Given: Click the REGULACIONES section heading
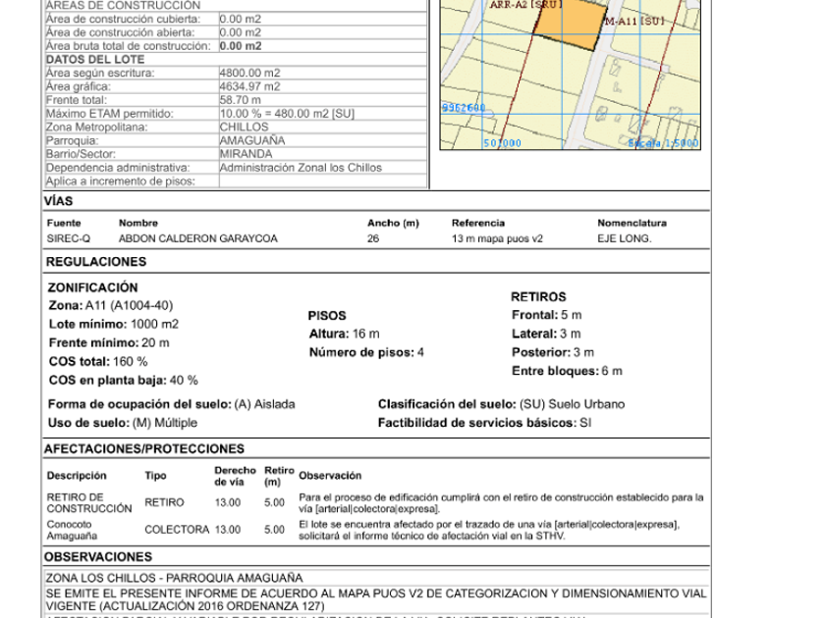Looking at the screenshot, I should [x=96, y=262].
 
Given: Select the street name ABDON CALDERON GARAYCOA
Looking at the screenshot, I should [x=197, y=238].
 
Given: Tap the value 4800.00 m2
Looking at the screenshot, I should [x=249, y=73].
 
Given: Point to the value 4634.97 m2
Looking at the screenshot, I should [x=249, y=86].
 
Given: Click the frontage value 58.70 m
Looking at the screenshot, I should [x=241, y=100].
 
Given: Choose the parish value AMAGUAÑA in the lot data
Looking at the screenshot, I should [x=252, y=140].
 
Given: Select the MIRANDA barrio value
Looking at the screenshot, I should [x=246, y=154].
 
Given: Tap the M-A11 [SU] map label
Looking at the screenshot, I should [x=635, y=21].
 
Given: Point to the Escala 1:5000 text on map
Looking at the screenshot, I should [x=663, y=143].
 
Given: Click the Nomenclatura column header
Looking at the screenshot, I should [x=632, y=224].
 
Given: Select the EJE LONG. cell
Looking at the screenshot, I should [x=624, y=238].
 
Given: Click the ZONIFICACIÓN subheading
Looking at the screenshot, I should [x=93, y=287].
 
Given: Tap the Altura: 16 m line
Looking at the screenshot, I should [x=344, y=335].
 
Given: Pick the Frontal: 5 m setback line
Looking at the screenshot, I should [x=546, y=315].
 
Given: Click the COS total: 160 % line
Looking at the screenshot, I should [x=98, y=362].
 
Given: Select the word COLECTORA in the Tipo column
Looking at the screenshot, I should [x=177, y=530].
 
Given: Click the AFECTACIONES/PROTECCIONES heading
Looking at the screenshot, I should [x=144, y=449].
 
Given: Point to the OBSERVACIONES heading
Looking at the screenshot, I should [x=98, y=557].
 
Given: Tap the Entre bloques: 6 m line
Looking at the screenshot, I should [x=567, y=371].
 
